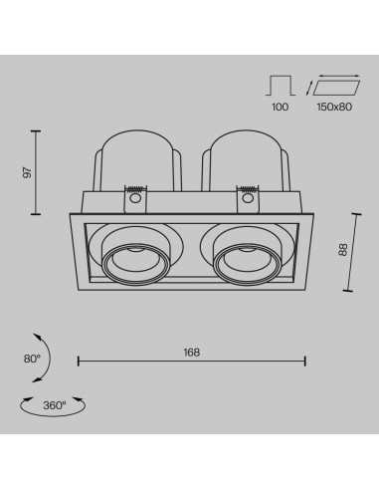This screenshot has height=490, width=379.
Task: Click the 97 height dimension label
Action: (28, 172)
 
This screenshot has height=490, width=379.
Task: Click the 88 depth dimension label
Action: (343, 250)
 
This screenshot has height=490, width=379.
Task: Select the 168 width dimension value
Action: (192, 353)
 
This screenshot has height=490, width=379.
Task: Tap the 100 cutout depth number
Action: (281, 107)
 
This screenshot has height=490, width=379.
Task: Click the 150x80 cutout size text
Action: (334, 107)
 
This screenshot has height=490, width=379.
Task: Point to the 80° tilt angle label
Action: (32, 359)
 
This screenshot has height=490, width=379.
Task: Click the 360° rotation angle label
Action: (55, 405)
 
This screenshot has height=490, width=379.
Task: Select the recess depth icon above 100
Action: (281, 86)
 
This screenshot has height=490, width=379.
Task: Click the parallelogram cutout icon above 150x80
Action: (336, 88)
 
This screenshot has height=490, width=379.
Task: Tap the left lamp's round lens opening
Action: (135, 266)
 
